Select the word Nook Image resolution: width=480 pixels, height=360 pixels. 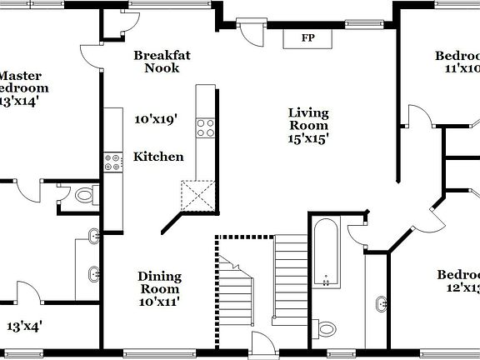tap(162, 68)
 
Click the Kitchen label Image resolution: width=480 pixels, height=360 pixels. tap(159, 157)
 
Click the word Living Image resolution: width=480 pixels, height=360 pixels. tap(308, 112)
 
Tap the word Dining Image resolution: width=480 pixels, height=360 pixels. tap(159, 277)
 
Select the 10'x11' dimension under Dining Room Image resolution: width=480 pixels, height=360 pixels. tap(159, 303)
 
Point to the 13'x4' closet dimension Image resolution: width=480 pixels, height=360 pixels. tap(25, 326)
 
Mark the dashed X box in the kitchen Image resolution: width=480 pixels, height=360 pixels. tap(199, 197)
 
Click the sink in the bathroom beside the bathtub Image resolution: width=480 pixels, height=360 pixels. tap(382, 304)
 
